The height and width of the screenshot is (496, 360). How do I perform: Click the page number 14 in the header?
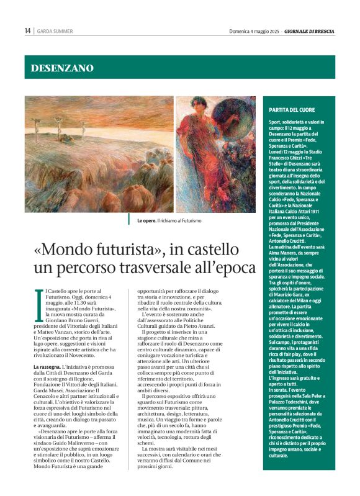27,30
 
